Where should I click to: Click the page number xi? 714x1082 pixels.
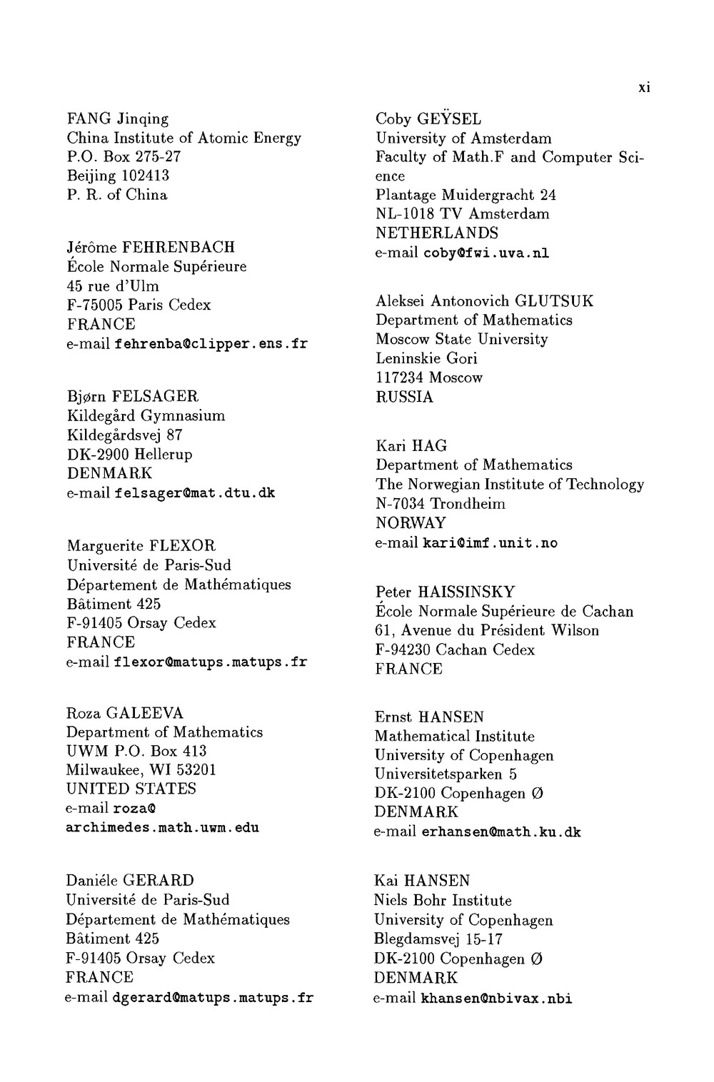coord(644,89)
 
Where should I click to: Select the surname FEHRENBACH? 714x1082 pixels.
coord(178,248)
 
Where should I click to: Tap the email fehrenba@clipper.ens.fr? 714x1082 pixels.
coord(211,344)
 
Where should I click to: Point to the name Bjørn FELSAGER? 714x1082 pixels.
coord(133,396)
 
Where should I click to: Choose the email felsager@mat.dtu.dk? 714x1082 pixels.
coord(194,493)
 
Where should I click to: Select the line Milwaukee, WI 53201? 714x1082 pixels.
coord(141,770)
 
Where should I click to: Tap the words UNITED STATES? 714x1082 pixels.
coord(131,789)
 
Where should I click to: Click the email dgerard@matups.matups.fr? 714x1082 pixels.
coord(213,997)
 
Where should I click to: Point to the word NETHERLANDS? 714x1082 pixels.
coord(437,233)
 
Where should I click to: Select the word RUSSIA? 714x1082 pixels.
coord(404,397)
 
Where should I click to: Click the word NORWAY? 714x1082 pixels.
coord(411,523)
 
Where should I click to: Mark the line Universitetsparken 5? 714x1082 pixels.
coord(446,774)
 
